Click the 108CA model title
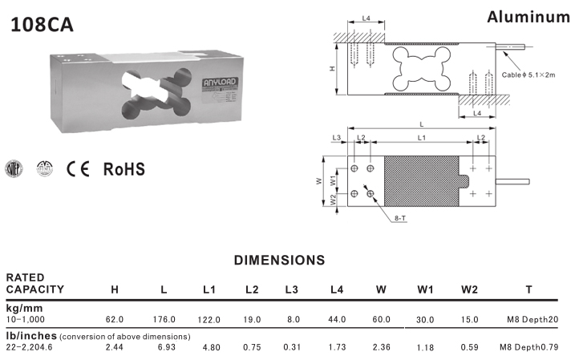(x=42, y=24)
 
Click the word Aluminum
(x=528, y=18)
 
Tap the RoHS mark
(x=124, y=169)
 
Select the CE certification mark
(x=79, y=169)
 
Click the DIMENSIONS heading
(x=279, y=260)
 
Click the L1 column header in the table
(x=209, y=289)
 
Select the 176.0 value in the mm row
(x=164, y=319)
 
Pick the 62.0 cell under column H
(x=115, y=319)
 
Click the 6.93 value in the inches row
(x=164, y=348)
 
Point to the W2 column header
(x=469, y=289)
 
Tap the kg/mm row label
(x=23, y=308)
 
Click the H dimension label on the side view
(x=333, y=70)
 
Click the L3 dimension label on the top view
(x=337, y=139)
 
